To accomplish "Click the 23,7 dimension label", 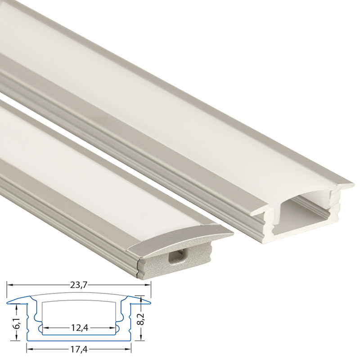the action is pos(79,285).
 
